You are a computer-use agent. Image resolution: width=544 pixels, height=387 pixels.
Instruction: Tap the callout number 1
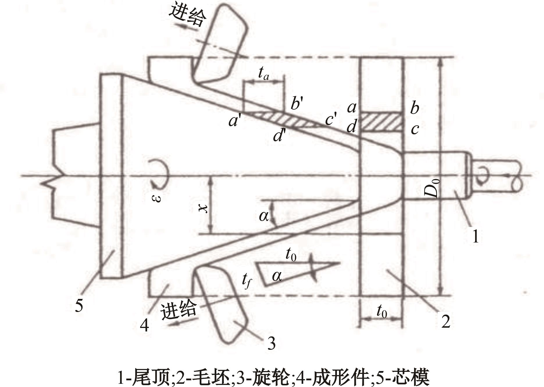(x=475, y=236)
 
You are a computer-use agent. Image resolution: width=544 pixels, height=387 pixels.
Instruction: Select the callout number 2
(x=445, y=322)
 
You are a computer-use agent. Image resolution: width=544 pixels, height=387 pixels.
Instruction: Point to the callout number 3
(x=271, y=343)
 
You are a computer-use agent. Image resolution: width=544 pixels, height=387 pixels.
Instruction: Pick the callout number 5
(x=79, y=306)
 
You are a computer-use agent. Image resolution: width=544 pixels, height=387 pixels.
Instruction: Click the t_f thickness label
(x=247, y=282)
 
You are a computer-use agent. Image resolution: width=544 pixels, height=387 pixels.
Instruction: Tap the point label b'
(x=297, y=103)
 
